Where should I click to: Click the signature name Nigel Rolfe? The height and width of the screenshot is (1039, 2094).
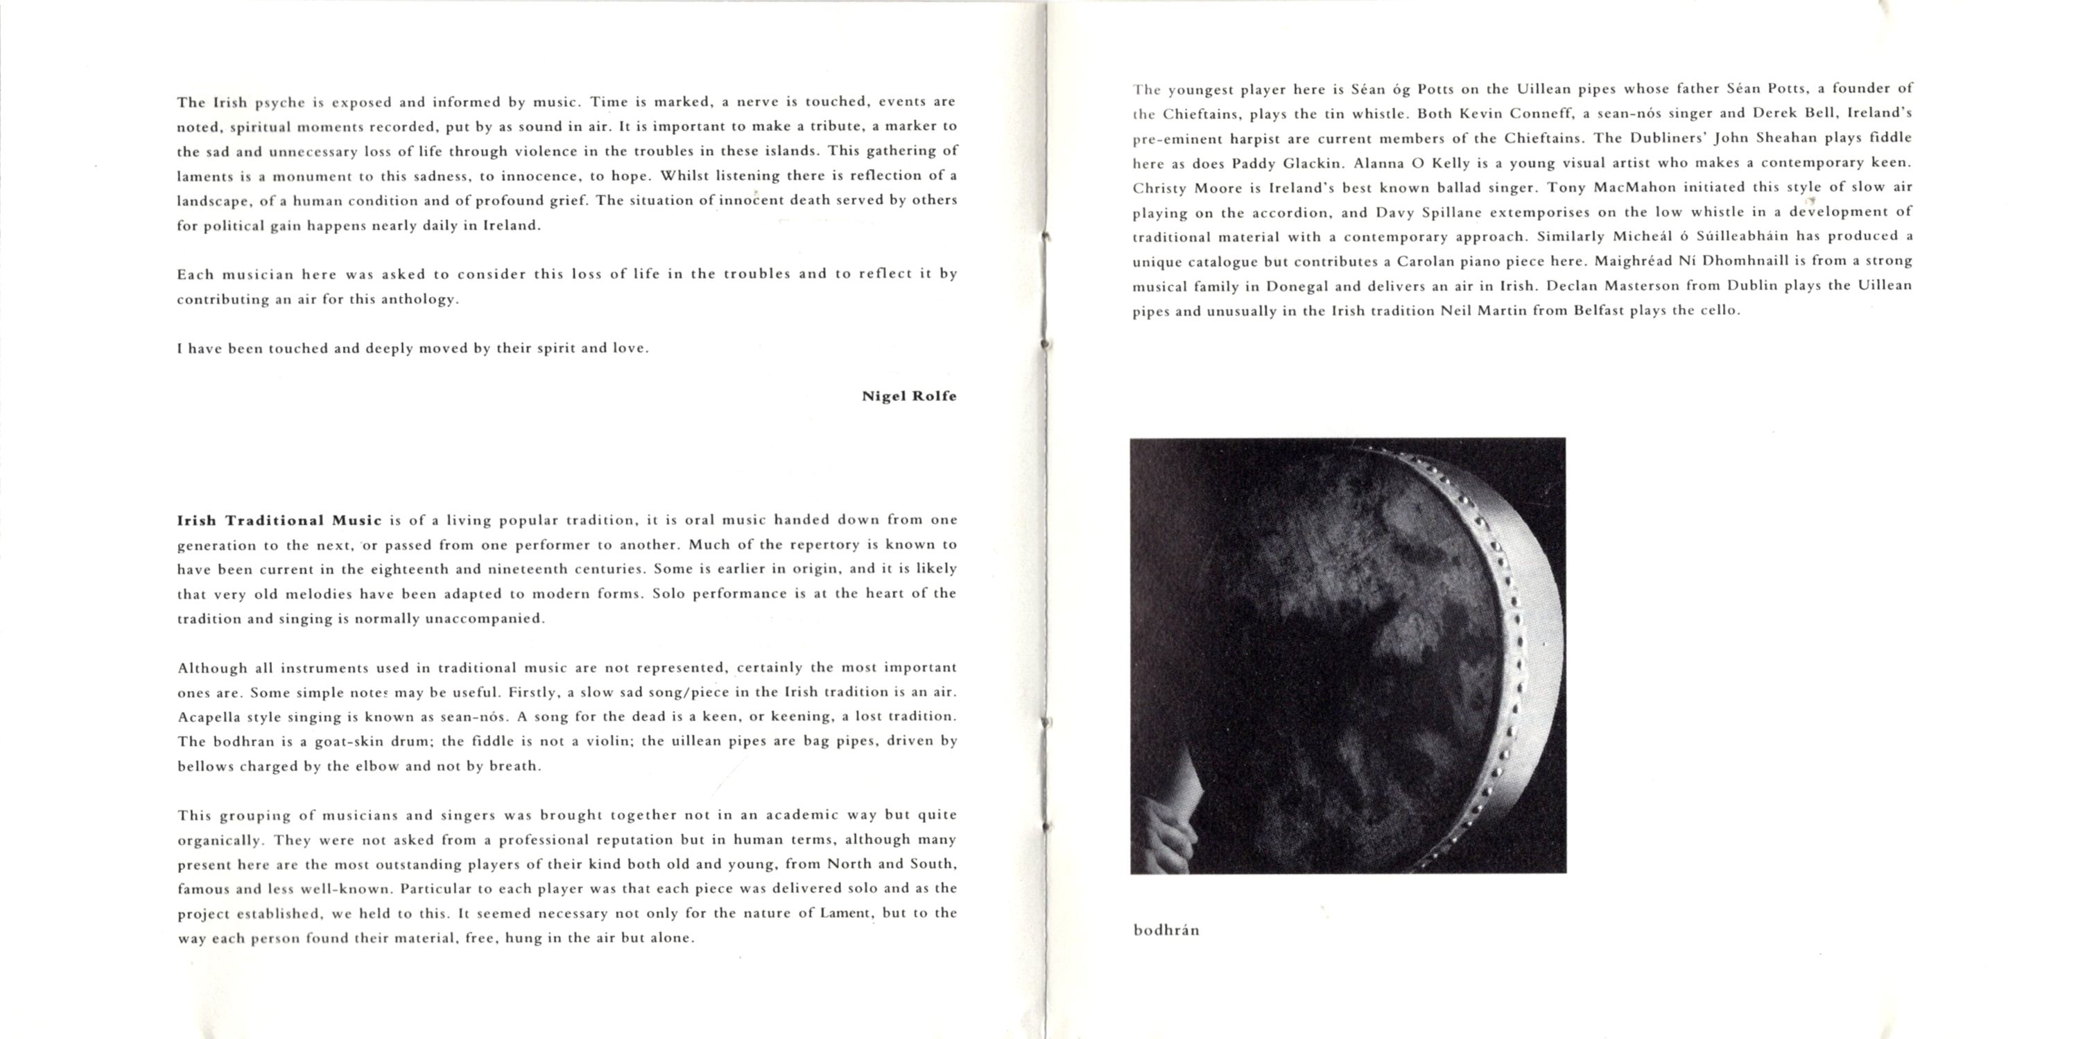point(909,396)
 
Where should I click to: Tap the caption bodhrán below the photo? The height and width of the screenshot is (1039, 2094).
point(1166,930)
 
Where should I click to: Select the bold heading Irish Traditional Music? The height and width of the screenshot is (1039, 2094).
point(279,520)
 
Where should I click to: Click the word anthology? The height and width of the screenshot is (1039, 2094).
point(419,299)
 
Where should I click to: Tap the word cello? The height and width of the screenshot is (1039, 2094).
point(1717,311)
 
